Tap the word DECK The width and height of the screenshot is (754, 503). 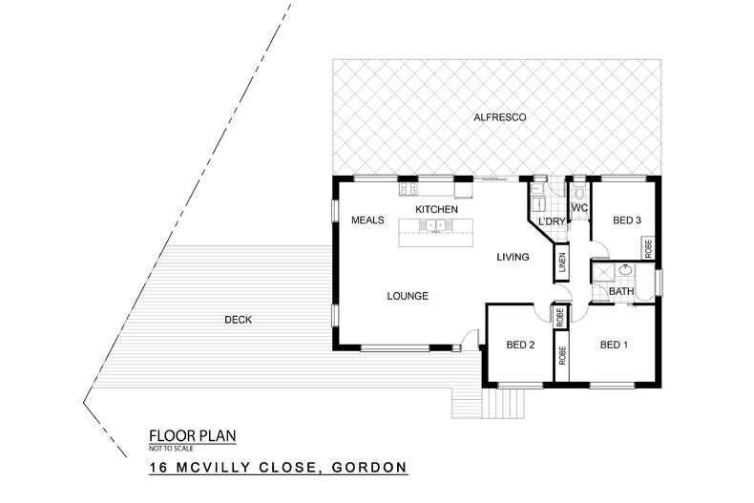(x=238, y=320)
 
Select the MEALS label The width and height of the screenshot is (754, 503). (x=367, y=220)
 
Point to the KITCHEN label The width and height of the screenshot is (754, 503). (x=436, y=209)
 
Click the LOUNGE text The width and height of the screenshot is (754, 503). (x=408, y=296)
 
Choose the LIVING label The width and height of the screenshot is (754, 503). (x=512, y=257)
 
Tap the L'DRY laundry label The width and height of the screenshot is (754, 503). (x=552, y=222)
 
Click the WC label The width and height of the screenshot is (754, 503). (x=578, y=208)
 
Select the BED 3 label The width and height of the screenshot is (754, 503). (x=626, y=220)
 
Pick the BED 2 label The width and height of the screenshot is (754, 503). (x=519, y=345)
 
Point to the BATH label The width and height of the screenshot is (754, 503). (x=621, y=291)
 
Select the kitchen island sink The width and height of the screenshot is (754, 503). (x=436, y=226)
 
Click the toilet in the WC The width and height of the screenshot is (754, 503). (x=578, y=188)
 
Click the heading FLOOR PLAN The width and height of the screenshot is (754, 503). (x=192, y=435)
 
